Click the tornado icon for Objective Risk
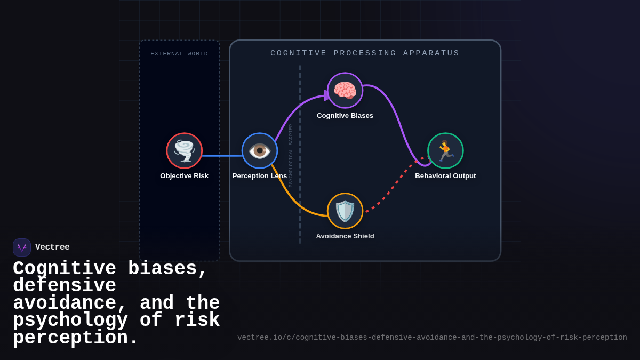[185, 150]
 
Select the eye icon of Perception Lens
[260, 150]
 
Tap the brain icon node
[345, 91]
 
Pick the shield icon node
[345, 211]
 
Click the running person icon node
[445, 150]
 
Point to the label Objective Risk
[185, 176]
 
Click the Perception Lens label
[260, 176]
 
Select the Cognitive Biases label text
[345, 116]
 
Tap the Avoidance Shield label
[345, 236]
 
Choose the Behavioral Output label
[445, 176]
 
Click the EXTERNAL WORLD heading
[179, 54]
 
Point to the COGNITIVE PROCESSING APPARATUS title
[365, 53]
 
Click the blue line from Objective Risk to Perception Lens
[222, 156]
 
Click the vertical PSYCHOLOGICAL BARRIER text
[291, 156]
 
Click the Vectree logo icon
[22, 247]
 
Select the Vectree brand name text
[52, 247]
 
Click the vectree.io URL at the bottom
[432, 338]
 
